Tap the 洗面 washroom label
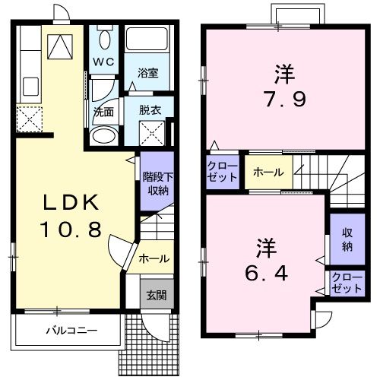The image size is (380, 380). click(103, 110)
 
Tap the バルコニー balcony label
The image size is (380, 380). click(65, 331)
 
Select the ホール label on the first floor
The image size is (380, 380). click(154, 259)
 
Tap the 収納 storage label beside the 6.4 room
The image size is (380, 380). click(347, 239)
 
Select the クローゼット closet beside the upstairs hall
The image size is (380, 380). click(223, 171)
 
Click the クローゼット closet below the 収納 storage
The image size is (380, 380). click(347, 283)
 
